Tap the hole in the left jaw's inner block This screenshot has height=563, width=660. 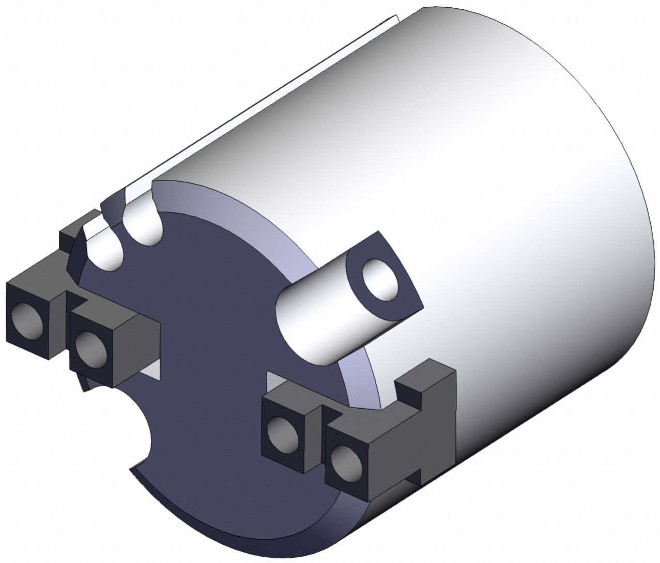point(91,349)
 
